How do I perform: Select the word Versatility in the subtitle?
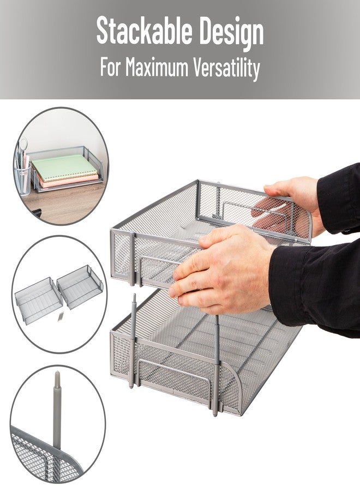pos(226,69)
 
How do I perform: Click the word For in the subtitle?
pos(110,67)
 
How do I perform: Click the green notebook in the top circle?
pos(64,167)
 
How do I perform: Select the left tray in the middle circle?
pos(38,300)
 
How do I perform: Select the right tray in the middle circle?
pos(80,286)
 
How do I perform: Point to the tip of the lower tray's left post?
pos(134,295)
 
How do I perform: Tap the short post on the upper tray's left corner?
pos(132,259)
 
